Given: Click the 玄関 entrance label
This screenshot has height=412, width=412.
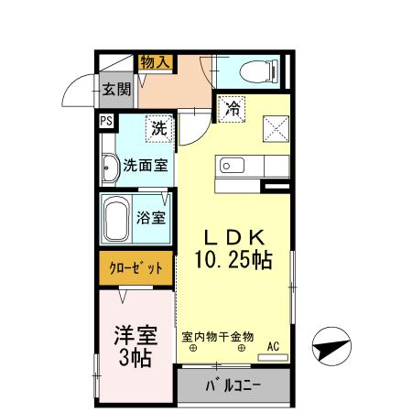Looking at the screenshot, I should coord(116,90).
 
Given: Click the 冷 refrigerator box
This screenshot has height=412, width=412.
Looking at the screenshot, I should coord(232,107).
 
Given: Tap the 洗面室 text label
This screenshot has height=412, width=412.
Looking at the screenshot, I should coord(146,167).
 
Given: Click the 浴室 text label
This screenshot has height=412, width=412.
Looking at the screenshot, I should coord(151,218).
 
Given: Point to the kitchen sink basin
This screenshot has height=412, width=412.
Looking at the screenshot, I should coord(229,167).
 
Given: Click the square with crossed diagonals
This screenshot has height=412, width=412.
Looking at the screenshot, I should coord(274,128).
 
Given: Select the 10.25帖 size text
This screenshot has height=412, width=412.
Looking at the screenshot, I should coord(233,260).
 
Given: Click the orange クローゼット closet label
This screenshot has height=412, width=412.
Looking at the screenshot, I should coord(136,269).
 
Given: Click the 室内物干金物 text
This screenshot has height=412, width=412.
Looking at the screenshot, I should coord(217,336).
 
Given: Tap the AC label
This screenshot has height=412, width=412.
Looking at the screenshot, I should coord(273,346).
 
